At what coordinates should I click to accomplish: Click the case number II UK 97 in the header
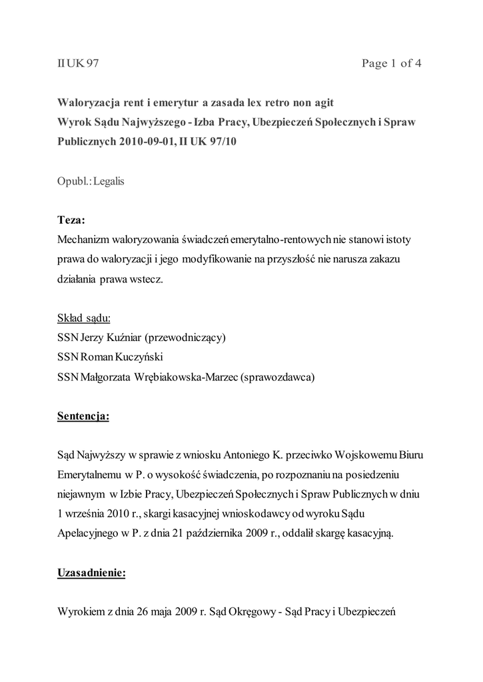[77, 64]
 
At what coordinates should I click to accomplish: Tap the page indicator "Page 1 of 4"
[391, 64]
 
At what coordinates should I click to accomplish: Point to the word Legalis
[106, 181]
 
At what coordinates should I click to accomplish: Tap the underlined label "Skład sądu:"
[84, 317]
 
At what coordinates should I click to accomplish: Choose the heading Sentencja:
[83, 416]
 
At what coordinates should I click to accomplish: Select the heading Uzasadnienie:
[91, 573]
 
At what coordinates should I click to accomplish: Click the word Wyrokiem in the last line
[81, 612]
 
